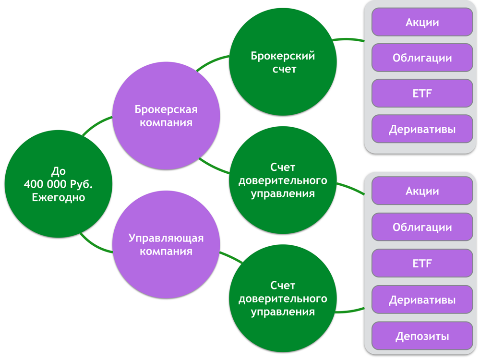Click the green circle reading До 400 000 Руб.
(x=58, y=184)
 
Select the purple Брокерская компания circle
(x=166, y=116)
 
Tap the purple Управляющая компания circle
(x=166, y=244)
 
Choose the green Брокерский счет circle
(x=283, y=62)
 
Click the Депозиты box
(x=422, y=336)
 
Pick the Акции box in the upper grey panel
(x=422, y=22)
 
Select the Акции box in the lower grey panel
(x=422, y=191)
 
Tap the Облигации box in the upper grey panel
(x=422, y=58)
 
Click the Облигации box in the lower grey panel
(x=422, y=227)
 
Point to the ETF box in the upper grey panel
(x=422, y=94)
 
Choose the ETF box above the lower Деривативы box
(x=422, y=263)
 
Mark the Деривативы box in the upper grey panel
(x=422, y=129)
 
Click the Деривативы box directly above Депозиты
(x=422, y=300)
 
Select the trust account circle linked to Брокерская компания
(x=283, y=180)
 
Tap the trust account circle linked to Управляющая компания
(x=283, y=298)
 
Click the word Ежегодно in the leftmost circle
(x=58, y=197)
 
